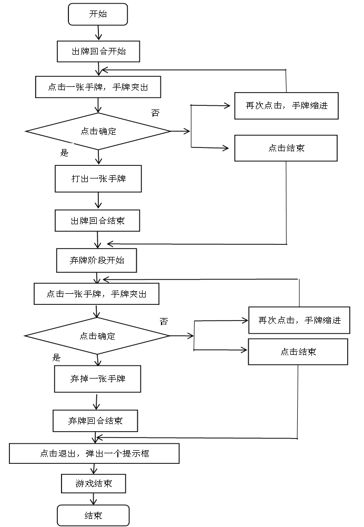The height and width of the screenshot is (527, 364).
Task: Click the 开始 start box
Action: pyautogui.click(x=98, y=14)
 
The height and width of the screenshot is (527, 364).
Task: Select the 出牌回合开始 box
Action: pyautogui.click(x=98, y=52)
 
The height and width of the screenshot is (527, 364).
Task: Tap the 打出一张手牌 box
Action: pyautogui.click(x=98, y=179)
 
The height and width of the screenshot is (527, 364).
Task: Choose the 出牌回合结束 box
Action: pyautogui.click(x=97, y=221)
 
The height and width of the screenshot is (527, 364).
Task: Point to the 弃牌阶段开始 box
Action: pyautogui.click(x=96, y=261)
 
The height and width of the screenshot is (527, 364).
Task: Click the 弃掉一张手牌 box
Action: pyautogui.click(x=97, y=379)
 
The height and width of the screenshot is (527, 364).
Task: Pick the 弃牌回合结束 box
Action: pyautogui.click(x=95, y=421)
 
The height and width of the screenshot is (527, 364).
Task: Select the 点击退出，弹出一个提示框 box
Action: pyautogui.click(x=94, y=453)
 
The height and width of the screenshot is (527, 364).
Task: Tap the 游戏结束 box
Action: pyautogui.click(x=94, y=484)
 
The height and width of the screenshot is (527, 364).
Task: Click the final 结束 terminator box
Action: pyautogui.click(x=93, y=515)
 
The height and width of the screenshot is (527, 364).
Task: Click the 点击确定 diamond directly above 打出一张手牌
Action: pyautogui.click(x=98, y=131)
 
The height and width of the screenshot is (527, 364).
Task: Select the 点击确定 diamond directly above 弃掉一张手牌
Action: pyautogui.click(x=97, y=336)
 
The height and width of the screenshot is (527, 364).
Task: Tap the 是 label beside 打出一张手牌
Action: pyautogui.click(x=63, y=153)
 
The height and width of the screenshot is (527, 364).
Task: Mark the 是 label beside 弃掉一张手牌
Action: pyautogui.click(x=56, y=357)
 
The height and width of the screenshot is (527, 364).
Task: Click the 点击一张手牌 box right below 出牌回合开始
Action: pyautogui.click(x=98, y=87)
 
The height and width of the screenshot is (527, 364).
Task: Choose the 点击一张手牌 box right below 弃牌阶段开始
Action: pyautogui.click(x=96, y=294)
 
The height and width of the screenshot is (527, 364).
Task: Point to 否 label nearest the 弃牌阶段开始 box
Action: pyautogui.click(x=164, y=321)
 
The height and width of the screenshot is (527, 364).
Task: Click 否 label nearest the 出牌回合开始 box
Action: pyautogui.click(x=153, y=113)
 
